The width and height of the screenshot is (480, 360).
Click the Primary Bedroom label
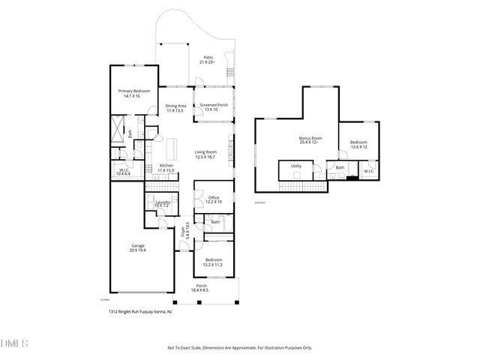click(x=135, y=93)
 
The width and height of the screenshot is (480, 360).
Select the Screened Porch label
click(x=214, y=107)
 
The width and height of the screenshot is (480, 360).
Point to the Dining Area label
click(x=175, y=108)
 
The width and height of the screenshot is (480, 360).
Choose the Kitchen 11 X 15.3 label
click(x=166, y=168)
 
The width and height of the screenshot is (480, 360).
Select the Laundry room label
click(x=163, y=203)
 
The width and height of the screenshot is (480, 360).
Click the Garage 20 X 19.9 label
click(x=138, y=247)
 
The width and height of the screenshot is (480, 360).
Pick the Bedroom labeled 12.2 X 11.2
click(x=214, y=262)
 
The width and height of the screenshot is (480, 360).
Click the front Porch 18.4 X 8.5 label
click(x=202, y=288)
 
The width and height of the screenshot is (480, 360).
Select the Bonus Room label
click(x=310, y=140)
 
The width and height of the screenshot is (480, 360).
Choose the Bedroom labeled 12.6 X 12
click(x=358, y=144)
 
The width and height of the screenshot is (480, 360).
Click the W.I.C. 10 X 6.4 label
click(x=124, y=171)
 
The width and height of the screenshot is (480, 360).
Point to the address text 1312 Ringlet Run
click(x=139, y=311)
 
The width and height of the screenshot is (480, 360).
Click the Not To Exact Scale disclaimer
click(x=239, y=347)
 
